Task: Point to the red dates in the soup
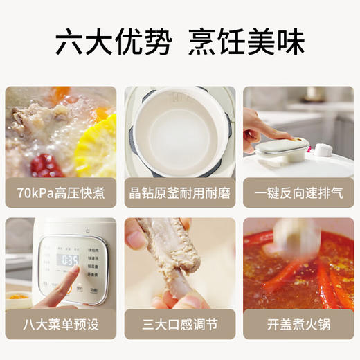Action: pyautogui.click(x=46, y=165)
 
